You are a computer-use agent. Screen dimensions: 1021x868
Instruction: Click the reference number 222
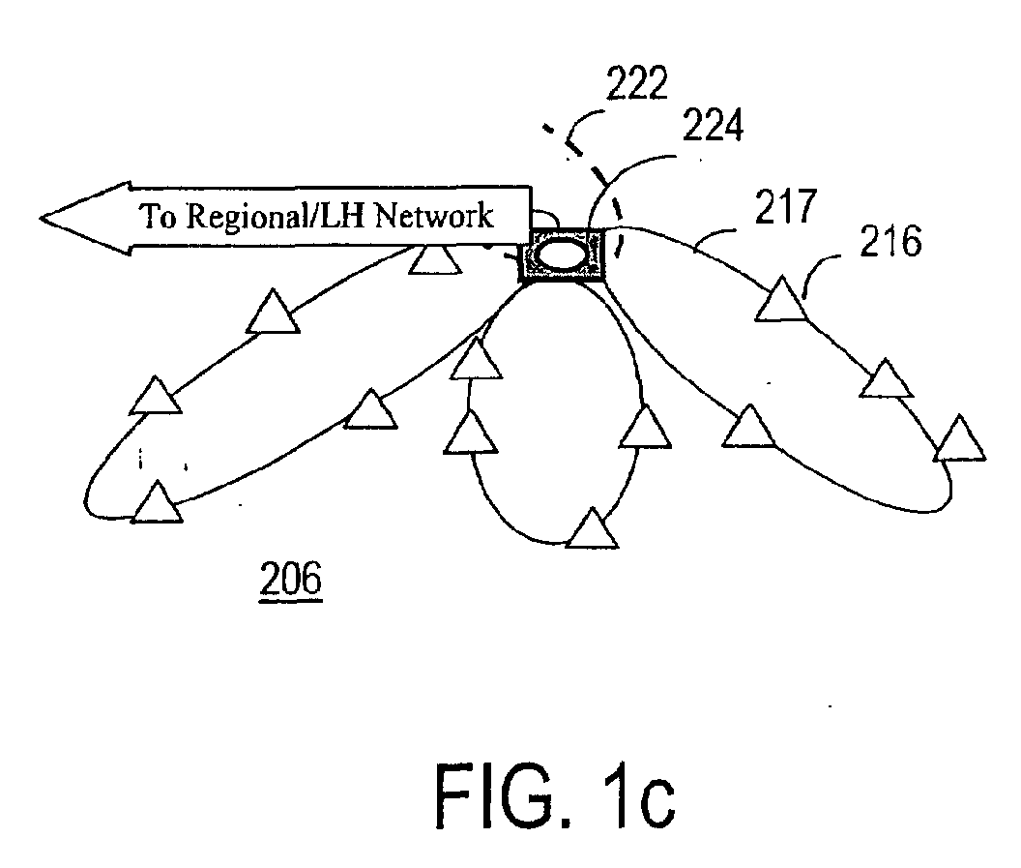click(637, 83)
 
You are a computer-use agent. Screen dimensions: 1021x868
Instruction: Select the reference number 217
click(785, 206)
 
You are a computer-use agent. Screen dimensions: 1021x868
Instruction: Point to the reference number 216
click(890, 241)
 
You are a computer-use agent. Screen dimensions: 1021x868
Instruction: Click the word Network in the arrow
click(434, 216)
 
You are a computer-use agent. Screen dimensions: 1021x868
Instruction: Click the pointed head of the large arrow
click(41, 219)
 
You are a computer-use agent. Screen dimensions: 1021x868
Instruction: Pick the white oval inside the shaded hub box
click(562, 254)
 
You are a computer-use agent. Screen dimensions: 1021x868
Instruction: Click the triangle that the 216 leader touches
click(781, 300)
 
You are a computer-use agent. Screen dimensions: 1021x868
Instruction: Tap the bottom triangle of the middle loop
click(592, 528)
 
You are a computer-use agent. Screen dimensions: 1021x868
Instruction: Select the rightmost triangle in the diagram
click(959, 438)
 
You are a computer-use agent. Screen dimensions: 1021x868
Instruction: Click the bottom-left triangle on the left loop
click(157, 502)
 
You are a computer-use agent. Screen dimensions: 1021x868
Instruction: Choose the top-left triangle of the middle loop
click(476, 360)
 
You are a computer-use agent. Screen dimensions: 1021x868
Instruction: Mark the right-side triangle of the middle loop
click(645, 428)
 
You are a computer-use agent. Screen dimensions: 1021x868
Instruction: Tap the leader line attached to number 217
click(715, 235)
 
